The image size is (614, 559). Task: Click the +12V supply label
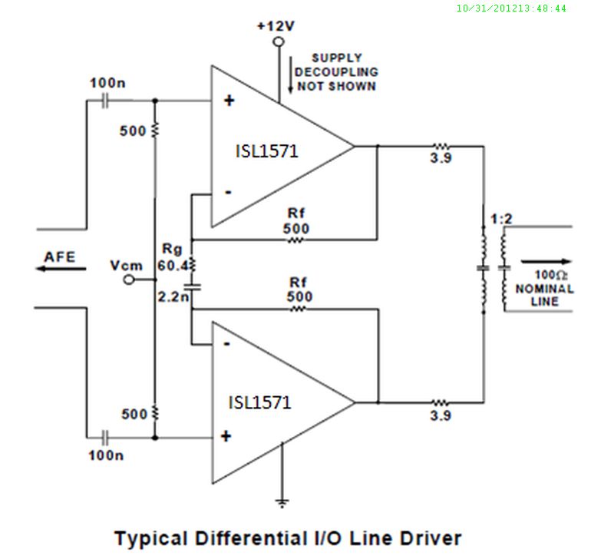click(276, 26)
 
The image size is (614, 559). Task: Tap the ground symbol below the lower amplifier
click(283, 503)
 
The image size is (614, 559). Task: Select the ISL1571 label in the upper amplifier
click(266, 151)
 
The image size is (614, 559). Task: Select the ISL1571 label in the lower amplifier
click(260, 402)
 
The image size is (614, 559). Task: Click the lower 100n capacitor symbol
click(107, 437)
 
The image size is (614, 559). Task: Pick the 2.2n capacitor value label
click(171, 296)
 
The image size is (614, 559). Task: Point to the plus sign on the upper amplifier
click(228, 101)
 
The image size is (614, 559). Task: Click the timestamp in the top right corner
click(511, 8)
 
